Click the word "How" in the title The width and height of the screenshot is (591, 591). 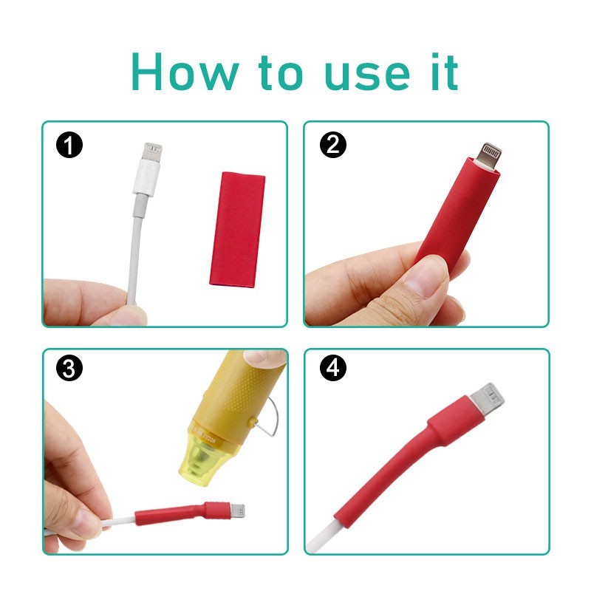(185, 72)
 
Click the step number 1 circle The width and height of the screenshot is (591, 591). (69, 145)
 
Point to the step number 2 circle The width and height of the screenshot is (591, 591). (333, 145)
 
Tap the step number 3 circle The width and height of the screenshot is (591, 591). (69, 368)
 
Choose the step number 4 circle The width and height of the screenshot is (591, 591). (333, 368)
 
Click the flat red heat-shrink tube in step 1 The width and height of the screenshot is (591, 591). (237, 230)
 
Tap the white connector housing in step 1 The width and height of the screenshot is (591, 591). (147, 177)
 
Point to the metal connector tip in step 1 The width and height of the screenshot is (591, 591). (152, 152)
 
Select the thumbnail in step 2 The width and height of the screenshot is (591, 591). (426, 276)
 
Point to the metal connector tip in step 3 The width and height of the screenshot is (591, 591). (238, 511)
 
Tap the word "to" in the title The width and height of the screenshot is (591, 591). (281, 73)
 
